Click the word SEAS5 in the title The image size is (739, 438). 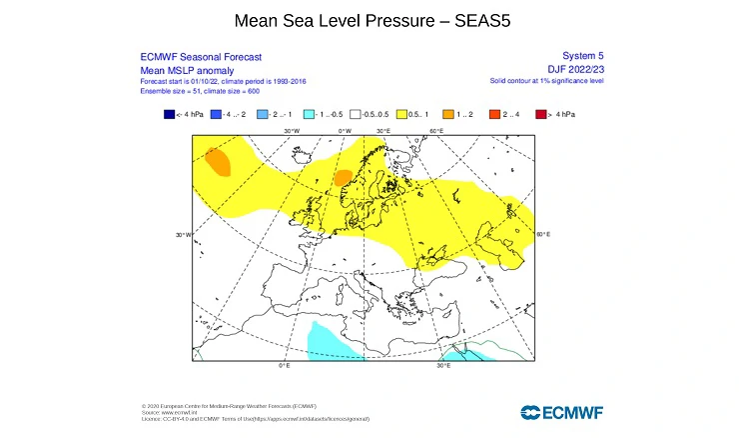[x=482, y=20]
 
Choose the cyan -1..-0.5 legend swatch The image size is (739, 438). [x=312, y=115]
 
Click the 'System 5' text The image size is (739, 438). [x=584, y=56]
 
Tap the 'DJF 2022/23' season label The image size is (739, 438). [x=576, y=68]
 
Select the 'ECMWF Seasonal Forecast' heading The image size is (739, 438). [x=187, y=57]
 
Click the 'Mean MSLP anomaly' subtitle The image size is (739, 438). [x=175, y=69]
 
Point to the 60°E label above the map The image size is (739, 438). [x=436, y=131]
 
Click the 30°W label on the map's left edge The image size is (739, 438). [x=183, y=235]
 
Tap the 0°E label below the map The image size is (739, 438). [x=284, y=366]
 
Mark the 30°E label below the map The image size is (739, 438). [x=442, y=366]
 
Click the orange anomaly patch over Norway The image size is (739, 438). [x=343, y=178]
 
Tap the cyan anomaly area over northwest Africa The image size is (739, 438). [x=331, y=340]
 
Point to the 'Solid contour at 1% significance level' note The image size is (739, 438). [x=546, y=79]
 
